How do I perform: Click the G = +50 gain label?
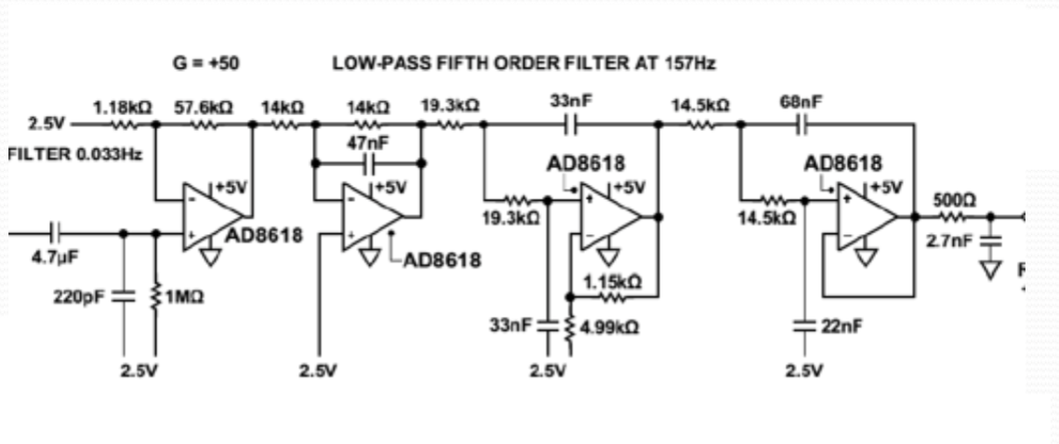pyautogui.click(x=205, y=64)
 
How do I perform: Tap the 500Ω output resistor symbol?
pyautogui.click(x=953, y=217)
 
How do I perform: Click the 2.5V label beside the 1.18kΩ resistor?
pyautogui.click(x=44, y=123)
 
